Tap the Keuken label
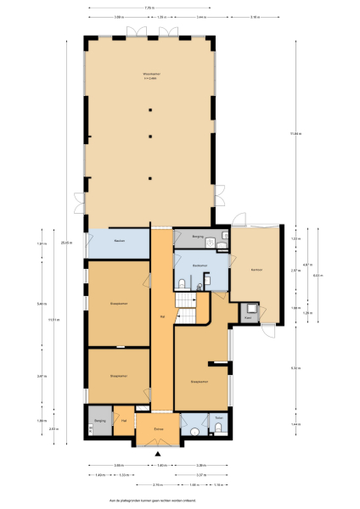(120, 242)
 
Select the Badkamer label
(200, 266)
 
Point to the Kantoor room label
(256, 270)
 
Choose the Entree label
(158, 429)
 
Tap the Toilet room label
(218, 418)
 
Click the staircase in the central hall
(187, 305)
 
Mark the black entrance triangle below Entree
(157, 453)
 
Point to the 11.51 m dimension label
(53, 320)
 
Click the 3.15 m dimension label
(256, 17)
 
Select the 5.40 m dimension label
(42, 304)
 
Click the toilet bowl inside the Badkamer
(183, 283)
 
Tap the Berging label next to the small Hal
(99, 420)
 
